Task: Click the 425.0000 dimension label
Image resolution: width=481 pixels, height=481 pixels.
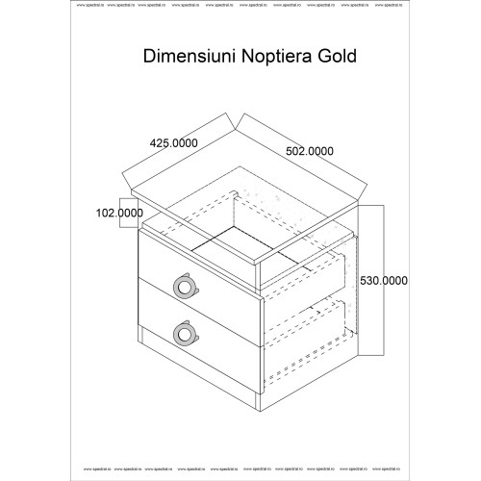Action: (x=173, y=142)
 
